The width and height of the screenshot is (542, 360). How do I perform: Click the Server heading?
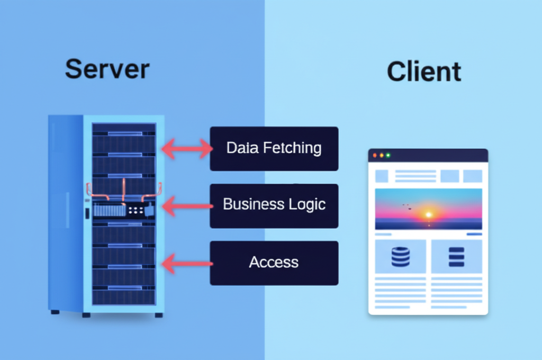pos(107,69)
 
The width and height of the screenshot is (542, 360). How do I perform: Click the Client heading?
pos(424,72)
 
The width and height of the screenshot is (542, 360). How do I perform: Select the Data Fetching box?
pos(274,148)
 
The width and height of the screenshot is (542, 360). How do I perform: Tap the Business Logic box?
pos(274,205)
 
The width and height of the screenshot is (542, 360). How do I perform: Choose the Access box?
pos(274,263)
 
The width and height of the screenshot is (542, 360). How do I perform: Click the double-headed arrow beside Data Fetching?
pos(187,149)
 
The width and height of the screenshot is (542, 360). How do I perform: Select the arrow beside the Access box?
pos(187,263)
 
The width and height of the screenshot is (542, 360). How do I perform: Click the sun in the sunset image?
pos(428,215)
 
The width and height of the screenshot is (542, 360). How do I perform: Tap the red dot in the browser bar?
pos(375,155)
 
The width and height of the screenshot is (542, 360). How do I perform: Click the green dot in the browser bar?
pos(388,155)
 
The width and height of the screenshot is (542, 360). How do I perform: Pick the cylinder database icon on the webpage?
pos(401,256)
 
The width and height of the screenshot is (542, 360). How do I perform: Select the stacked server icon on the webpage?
pos(456,257)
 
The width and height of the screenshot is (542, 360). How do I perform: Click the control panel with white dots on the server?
pos(135,210)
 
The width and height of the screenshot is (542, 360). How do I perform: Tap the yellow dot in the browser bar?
pos(382,155)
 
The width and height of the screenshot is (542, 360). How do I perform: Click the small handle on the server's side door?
pos(86,213)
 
